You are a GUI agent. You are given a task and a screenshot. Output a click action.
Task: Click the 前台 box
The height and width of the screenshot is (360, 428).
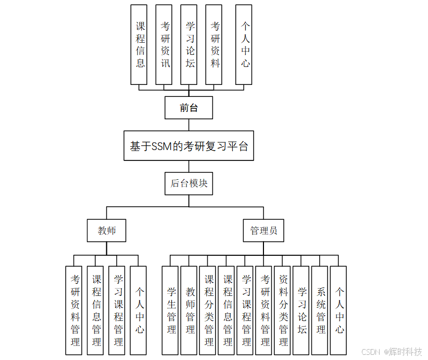188,108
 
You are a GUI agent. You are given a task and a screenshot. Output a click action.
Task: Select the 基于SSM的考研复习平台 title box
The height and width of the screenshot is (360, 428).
188,146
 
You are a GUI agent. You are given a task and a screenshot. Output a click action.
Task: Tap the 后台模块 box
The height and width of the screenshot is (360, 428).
188,183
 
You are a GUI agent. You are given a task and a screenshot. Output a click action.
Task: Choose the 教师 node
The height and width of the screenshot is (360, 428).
107,230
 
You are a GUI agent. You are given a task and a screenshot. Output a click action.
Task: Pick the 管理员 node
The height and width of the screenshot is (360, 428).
263,230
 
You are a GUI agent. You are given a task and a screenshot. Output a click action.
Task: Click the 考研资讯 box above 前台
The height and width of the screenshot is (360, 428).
164,45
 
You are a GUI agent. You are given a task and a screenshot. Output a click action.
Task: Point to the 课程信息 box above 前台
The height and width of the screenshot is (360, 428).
139,45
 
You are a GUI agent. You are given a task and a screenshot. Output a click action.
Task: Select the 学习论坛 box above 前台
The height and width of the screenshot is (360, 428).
189,45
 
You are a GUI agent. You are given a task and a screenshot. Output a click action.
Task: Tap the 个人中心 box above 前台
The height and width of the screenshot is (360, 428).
244,45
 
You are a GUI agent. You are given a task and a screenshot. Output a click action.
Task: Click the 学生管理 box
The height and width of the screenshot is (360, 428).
170,311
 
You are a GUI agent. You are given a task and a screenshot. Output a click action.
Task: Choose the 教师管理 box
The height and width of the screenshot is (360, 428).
189,311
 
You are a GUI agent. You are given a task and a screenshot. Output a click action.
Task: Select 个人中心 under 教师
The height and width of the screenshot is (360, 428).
139,311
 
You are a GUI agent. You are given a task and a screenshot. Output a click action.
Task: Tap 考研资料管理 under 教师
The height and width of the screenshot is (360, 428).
74,311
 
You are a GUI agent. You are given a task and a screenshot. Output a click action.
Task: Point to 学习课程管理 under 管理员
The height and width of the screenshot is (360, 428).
245,311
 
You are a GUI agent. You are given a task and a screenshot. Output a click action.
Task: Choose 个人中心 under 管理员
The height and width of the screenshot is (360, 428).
338,311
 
